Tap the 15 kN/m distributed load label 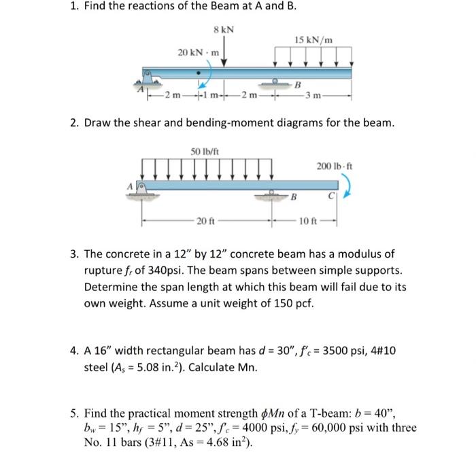click(314, 39)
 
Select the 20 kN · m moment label click(199, 52)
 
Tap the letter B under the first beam click(297, 85)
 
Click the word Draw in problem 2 click(99, 122)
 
